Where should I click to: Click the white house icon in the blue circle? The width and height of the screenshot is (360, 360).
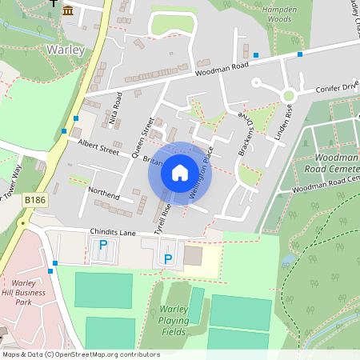[x=180, y=172]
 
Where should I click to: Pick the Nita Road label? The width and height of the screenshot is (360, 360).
[x=114, y=109]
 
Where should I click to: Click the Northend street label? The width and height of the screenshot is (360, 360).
[x=104, y=194]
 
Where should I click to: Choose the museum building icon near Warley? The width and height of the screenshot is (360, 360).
[x=68, y=10]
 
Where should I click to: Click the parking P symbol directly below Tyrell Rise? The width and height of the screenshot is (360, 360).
[x=167, y=258]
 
